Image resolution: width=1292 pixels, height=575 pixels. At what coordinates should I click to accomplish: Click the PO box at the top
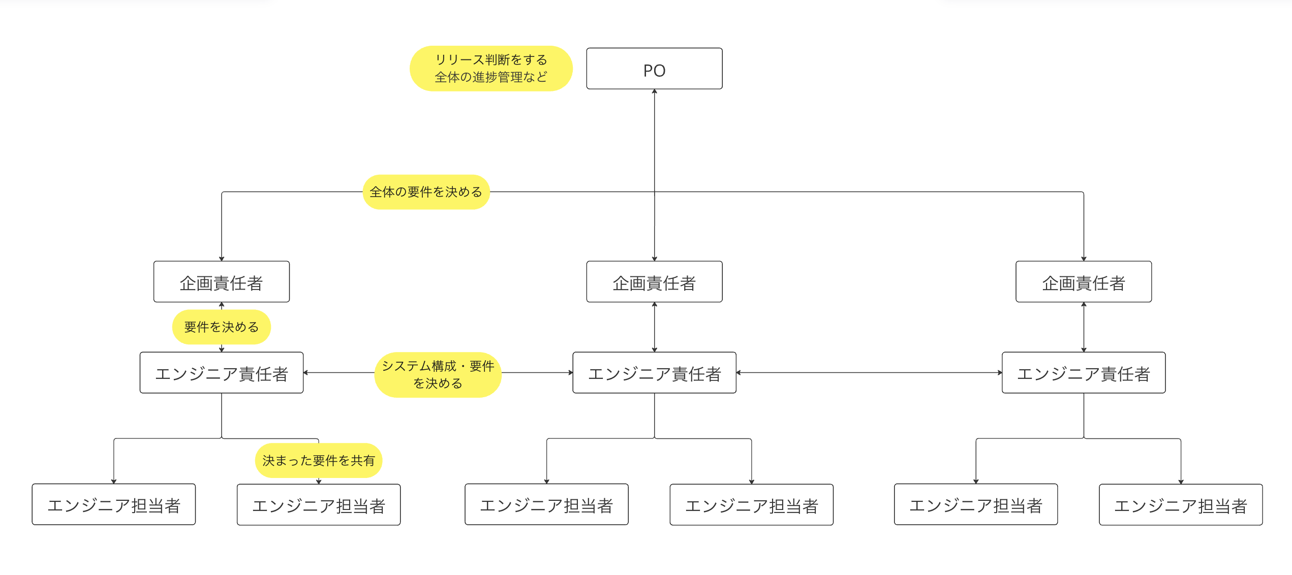coord(654,69)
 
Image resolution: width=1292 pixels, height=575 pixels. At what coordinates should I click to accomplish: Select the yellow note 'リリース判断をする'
coord(491,60)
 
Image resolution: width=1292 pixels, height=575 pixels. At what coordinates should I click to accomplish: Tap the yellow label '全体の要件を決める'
coord(426,192)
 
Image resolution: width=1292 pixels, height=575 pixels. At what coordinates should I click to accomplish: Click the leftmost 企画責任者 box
coord(222,282)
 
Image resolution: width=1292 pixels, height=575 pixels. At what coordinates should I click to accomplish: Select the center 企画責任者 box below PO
coord(654,282)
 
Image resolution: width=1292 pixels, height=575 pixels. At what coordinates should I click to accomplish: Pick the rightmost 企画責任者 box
coord(1084,282)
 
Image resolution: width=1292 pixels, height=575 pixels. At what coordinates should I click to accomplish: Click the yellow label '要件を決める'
coord(222,327)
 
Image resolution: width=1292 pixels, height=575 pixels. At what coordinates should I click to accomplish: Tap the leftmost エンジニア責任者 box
coord(222,373)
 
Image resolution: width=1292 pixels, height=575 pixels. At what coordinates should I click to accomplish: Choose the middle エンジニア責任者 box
coord(654,373)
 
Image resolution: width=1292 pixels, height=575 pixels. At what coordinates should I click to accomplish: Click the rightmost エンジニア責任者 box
coord(1084,373)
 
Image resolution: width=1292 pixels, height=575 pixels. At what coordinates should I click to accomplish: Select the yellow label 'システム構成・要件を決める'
coord(438,375)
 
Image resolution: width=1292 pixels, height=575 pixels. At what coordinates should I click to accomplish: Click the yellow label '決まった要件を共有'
coord(319,461)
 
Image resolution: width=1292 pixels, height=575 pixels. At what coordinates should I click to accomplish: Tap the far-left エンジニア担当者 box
coord(114,504)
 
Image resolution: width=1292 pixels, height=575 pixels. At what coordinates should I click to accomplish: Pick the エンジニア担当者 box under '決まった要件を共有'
coord(319,505)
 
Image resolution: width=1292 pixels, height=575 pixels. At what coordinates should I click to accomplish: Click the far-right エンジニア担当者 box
coord(1181,505)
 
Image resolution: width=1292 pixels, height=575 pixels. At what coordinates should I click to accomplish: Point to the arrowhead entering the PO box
coord(655,92)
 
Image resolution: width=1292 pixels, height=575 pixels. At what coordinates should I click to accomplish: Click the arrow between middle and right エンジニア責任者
coord(869,373)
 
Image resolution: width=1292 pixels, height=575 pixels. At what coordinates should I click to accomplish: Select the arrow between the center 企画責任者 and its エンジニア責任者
coord(655,327)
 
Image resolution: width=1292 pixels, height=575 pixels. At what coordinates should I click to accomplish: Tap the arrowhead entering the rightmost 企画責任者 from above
coord(1084,259)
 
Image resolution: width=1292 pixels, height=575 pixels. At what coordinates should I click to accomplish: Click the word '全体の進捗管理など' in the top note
coord(491,77)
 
